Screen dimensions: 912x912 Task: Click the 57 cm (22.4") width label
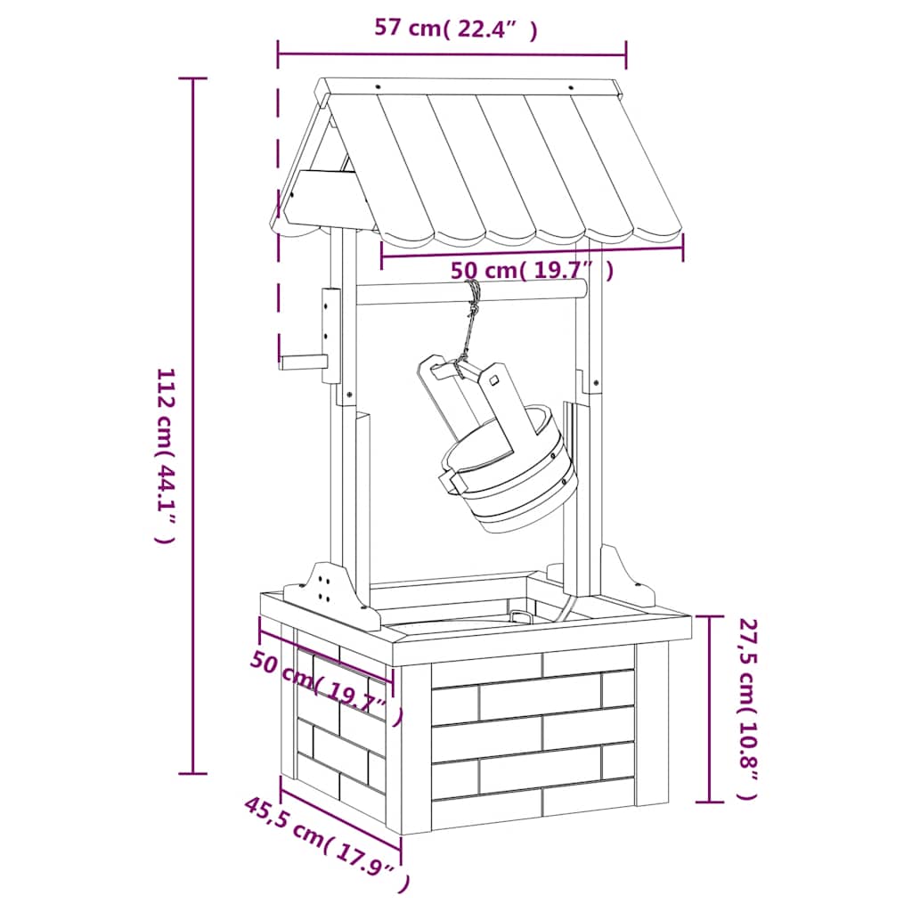tap(455, 28)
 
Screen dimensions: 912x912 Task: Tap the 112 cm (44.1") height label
tap(165, 455)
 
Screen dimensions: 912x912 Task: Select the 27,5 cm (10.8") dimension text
tap(748, 709)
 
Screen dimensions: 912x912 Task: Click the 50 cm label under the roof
tap(532, 271)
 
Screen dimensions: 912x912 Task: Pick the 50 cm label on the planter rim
tap(326, 688)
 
